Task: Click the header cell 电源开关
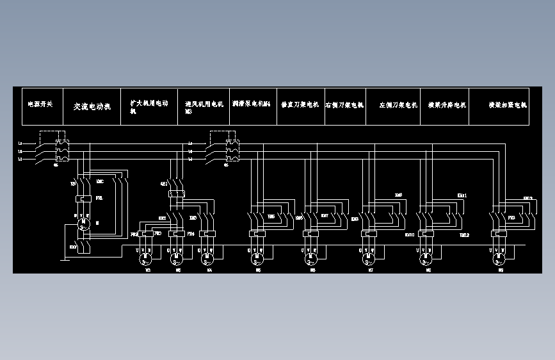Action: [40, 104]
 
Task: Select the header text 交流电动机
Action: [92, 106]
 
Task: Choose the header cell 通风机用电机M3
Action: [204, 106]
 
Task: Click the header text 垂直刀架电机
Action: [300, 104]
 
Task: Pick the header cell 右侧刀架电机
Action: [344, 104]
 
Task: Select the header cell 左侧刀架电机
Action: [398, 104]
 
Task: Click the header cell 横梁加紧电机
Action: [508, 104]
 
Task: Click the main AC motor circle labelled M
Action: [83, 224]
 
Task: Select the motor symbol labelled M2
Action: [146, 258]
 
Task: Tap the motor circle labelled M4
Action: [206, 258]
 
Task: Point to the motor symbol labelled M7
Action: [369, 258]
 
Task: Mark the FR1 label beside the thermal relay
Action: [99, 199]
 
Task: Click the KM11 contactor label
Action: [462, 195]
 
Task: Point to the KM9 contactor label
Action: [398, 195]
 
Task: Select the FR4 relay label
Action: [190, 234]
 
